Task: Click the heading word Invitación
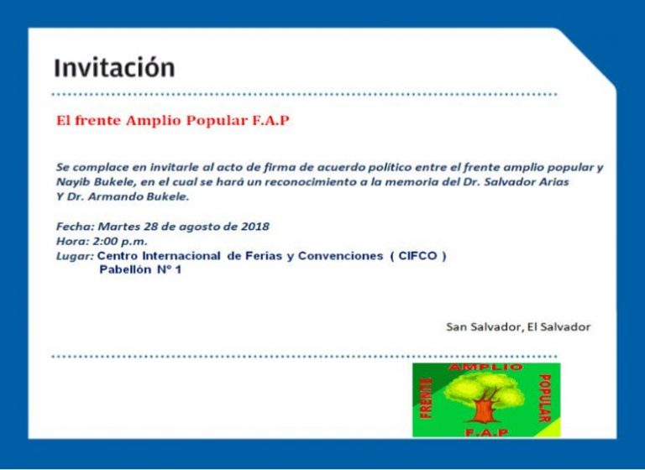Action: click(x=114, y=68)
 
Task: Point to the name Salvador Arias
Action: click(x=526, y=182)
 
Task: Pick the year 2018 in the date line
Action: click(x=255, y=227)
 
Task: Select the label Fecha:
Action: click(x=76, y=227)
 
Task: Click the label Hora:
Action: click(x=73, y=242)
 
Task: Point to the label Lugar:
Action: click(x=75, y=256)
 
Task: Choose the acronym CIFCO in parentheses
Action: click(x=417, y=256)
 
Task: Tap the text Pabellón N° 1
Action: click(x=140, y=269)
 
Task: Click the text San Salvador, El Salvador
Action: click(x=518, y=327)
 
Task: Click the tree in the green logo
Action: click(x=485, y=398)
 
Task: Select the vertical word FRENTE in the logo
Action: click(x=427, y=399)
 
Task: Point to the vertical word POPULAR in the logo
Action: click(x=544, y=398)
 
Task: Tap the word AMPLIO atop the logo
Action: click(x=485, y=367)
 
